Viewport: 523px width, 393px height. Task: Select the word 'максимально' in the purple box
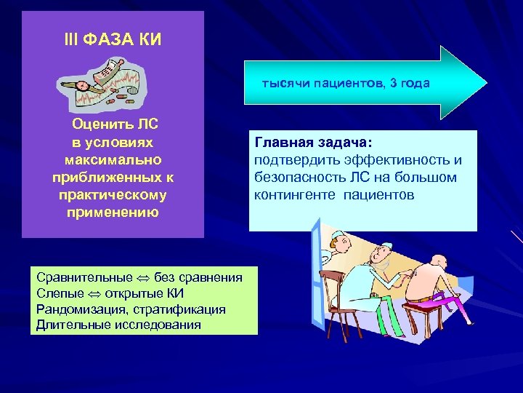click(x=113, y=159)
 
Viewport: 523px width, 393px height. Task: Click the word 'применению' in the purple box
click(x=113, y=213)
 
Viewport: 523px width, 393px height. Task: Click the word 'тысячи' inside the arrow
click(x=285, y=83)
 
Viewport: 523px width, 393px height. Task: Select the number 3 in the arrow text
click(x=393, y=83)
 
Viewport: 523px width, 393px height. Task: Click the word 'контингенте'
click(x=295, y=195)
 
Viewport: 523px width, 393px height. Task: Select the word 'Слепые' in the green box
click(x=57, y=293)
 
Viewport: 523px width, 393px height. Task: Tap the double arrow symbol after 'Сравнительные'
click(x=143, y=278)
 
